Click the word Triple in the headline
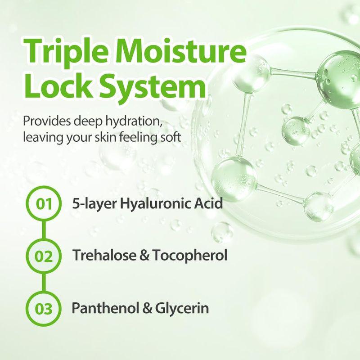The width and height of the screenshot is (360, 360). [67, 51]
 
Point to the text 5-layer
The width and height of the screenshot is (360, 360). [90, 204]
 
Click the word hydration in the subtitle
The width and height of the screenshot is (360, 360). [135, 122]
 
